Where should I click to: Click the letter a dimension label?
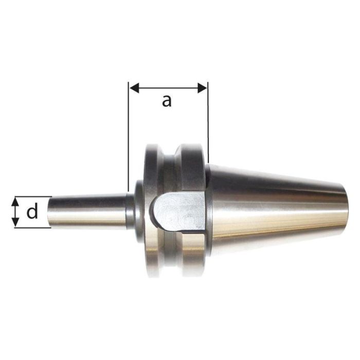pos(166,101)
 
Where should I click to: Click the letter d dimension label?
pos(32,211)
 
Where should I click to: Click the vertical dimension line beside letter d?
pos(16,212)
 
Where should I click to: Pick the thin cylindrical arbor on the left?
pos(87,211)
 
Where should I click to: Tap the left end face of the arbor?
pos(52,211)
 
